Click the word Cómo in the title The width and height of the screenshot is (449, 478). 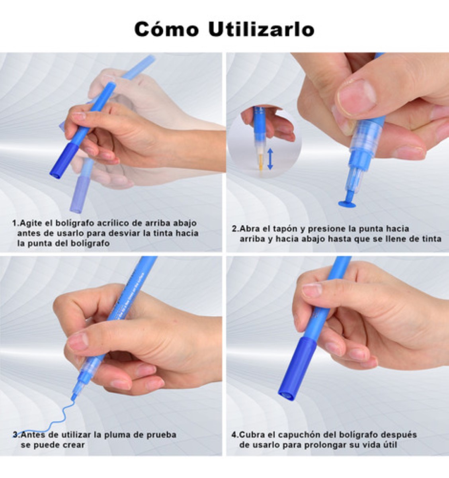[x=166, y=29]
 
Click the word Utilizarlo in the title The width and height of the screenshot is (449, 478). [x=261, y=29]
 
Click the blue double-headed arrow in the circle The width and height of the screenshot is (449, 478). [x=270, y=159]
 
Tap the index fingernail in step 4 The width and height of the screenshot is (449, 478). [x=312, y=290]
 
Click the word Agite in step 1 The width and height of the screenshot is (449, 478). [x=31, y=223]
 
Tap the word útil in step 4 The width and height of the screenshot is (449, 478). [x=388, y=445]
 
